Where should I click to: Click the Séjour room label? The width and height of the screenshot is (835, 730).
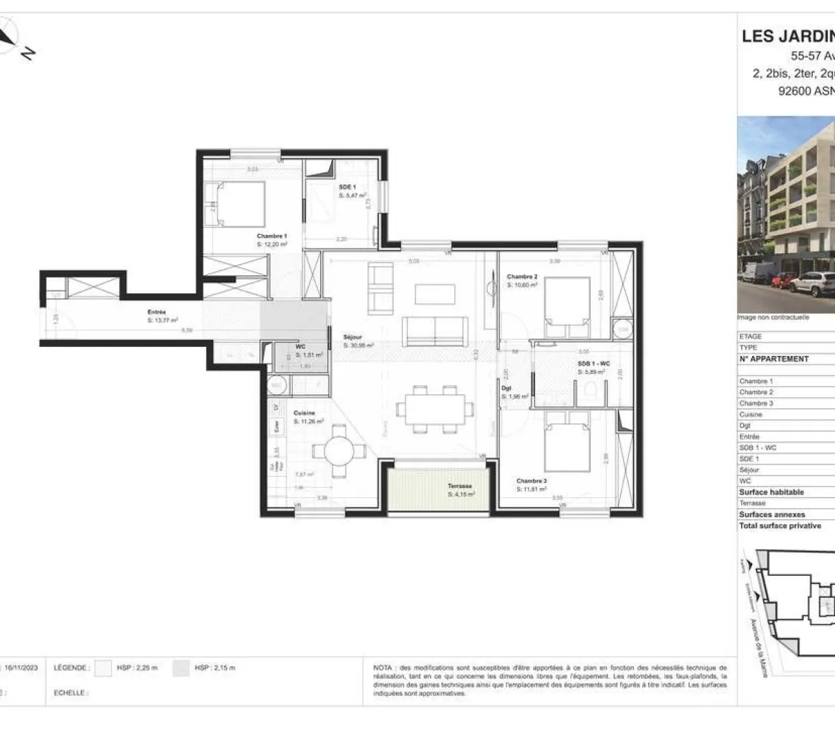(x=353, y=337)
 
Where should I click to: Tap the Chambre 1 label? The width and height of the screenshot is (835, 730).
(x=271, y=236)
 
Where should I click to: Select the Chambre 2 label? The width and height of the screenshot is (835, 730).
(x=522, y=277)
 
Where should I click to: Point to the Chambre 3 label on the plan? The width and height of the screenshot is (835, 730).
(x=531, y=480)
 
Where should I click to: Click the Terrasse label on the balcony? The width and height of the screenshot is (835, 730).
(x=459, y=486)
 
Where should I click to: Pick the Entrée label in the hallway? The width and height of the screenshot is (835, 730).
(x=157, y=312)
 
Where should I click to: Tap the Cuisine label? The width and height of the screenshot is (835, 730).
(x=304, y=413)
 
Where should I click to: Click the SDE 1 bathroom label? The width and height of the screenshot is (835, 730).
(x=347, y=187)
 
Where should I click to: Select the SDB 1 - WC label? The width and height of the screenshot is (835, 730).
(x=594, y=364)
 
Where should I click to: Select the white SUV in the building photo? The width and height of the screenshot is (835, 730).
(x=814, y=284)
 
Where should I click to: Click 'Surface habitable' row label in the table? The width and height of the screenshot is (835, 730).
(x=771, y=492)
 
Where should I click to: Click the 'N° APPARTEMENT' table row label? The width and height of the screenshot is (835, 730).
(x=774, y=359)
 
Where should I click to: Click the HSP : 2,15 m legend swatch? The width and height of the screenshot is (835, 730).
(x=182, y=668)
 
